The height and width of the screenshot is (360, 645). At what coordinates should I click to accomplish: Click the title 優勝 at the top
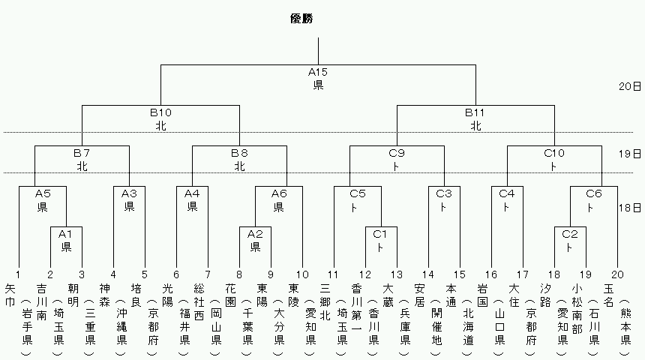click(x=301, y=19)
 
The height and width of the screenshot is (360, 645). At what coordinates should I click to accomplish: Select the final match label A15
click(x=317, y=73)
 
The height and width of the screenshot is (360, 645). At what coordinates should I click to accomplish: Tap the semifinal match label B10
click(x=160, y=112)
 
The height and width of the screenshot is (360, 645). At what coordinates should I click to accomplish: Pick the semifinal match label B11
click(x=475, y=112)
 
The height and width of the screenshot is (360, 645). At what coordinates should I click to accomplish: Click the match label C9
click(x=397, y=154)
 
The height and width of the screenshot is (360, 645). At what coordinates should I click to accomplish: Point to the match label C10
click(x=554, y=154)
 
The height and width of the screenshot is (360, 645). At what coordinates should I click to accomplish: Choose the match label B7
click(x=82, y=154)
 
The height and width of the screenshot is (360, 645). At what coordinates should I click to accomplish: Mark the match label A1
click(x=65, y=235)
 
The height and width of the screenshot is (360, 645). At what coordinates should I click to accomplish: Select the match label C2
click(x=570, y=235)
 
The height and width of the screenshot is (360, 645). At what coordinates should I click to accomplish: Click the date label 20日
click(x=630, y=86)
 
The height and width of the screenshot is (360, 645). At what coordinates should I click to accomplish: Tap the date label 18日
click(x=630, y=208)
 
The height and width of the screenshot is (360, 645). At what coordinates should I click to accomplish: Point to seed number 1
click(x=18, y=274)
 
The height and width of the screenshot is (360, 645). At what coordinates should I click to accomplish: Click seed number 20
click(x=617, y=274)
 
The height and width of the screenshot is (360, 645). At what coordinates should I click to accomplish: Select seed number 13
click(x=397, y=274)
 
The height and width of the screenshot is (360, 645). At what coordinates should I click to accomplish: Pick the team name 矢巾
click(x=10, y=295)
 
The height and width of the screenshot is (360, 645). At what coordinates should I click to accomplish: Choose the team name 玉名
click(x=609, y=295)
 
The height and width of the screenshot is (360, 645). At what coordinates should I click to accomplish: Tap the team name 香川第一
click(x=357, y=308)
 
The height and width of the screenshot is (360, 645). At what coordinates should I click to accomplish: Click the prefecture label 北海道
click(x=468, y=326)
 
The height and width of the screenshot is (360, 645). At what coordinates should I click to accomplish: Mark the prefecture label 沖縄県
click(x=121, y=326)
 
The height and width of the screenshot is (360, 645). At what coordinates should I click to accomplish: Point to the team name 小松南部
click(x=577, y=308)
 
